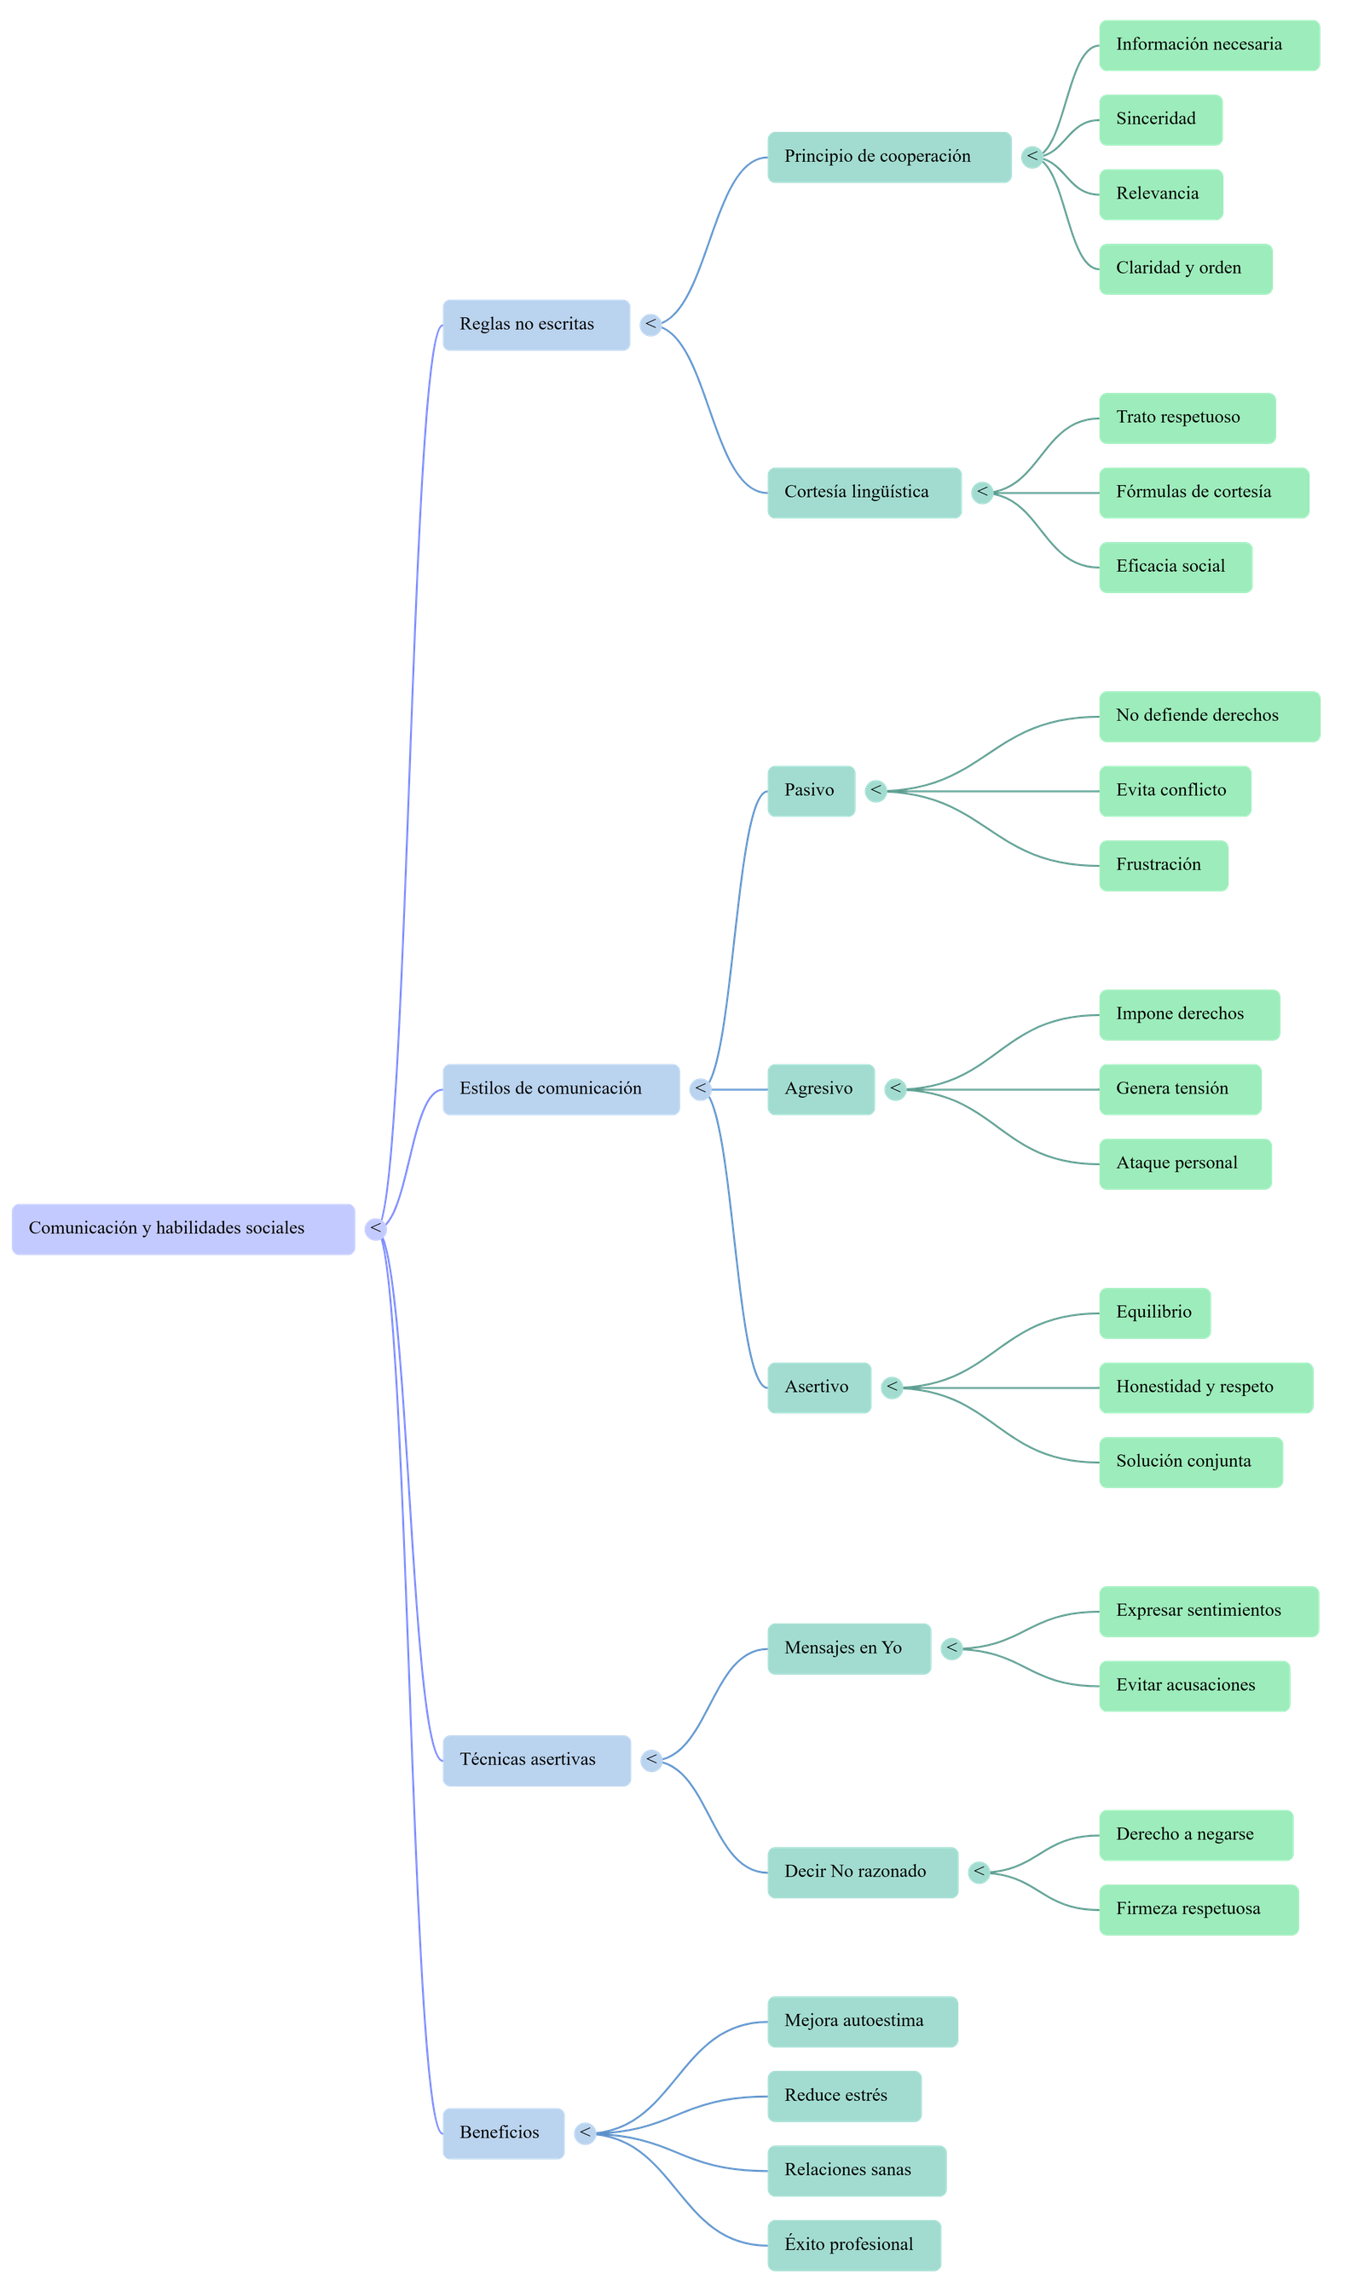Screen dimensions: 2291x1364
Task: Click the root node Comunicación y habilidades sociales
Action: (183, 1229)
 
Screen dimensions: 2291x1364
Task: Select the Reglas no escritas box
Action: (536, 325)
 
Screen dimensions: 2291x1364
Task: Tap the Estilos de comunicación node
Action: (561, 1089)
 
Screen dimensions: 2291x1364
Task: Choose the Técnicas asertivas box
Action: (536, 1760)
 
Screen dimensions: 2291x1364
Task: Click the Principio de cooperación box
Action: (889, 157)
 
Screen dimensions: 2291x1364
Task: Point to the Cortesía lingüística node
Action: (864, 493)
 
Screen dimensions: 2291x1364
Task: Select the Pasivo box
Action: (811, 790)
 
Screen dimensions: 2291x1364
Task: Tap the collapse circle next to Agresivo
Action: (895, 1089)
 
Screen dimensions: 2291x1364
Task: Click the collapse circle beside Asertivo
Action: (892, 1387)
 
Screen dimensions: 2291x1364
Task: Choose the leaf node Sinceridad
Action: (1160, 119)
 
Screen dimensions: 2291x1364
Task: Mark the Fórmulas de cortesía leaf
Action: (1203, 493)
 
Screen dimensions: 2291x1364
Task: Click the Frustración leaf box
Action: (1163, 865)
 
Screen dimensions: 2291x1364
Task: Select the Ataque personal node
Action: (1185, 1163)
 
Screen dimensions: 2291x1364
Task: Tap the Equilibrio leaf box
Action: (1154, 1313)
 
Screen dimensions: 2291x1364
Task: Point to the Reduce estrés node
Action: (844, 2095)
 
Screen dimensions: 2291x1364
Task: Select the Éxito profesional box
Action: (854, 2245)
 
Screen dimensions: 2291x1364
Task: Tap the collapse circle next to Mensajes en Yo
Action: (951, 1648)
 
